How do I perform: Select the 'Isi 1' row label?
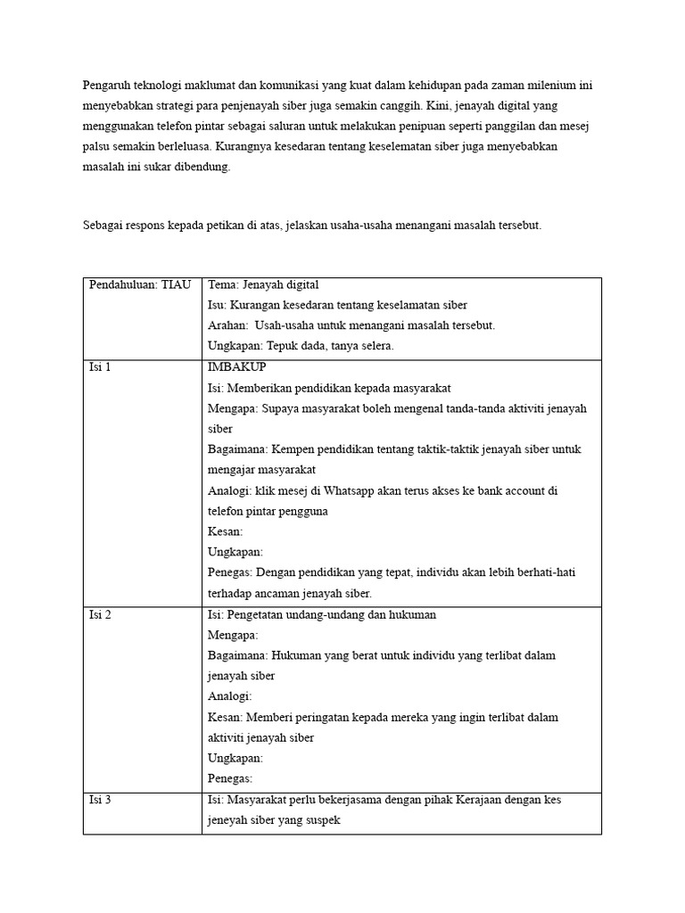[x=100, y=367]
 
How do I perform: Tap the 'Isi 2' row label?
[x=100, y=615]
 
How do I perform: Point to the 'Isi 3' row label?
[x=100, y=800]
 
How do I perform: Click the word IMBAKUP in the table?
[x=236, y=367]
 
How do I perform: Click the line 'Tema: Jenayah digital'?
[x=263, y=284]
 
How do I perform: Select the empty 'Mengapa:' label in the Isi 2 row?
[x=233, y=636]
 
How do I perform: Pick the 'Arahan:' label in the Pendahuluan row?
[x=227, y=325]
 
